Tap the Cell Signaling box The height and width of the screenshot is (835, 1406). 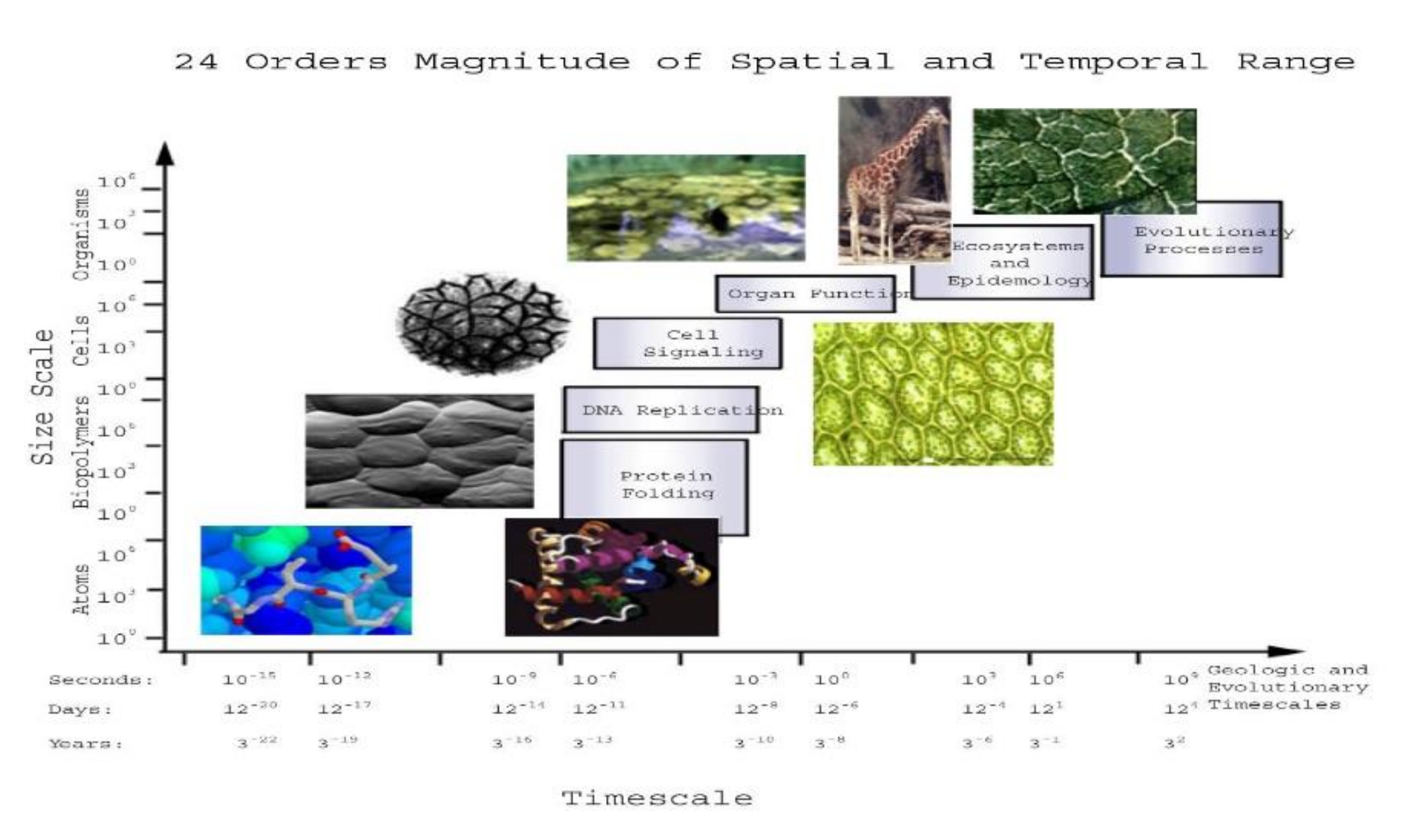687,343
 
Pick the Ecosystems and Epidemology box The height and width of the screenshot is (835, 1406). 1002,262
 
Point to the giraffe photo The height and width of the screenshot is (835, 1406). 894,179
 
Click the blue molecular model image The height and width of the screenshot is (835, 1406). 306,580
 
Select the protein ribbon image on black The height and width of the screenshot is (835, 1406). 611,577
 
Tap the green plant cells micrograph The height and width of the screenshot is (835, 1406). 933,394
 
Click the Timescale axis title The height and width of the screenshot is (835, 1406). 657,798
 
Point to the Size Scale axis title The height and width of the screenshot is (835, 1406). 43,397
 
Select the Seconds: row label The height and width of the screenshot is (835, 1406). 101,680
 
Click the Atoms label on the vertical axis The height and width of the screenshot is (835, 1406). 82,589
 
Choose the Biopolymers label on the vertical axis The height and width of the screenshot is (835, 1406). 82,452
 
